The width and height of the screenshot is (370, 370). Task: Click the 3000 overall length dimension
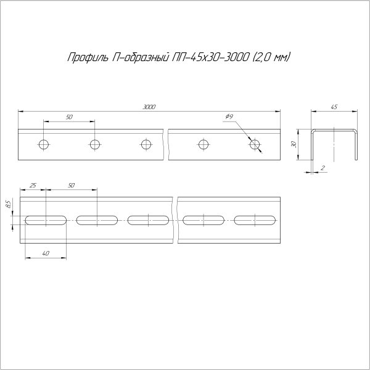click(x=149, y=107)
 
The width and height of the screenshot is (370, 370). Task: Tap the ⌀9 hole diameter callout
click(x=229, y=117)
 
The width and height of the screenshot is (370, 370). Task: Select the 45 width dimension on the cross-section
click(x=334, y=107)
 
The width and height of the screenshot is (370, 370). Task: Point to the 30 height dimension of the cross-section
click(x=295, y=144)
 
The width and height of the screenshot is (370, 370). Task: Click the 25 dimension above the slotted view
click(x=33, y=185)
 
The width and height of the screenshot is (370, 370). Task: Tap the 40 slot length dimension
click(x=46, y=253)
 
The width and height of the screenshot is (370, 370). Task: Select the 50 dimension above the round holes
click(x=68, y=117)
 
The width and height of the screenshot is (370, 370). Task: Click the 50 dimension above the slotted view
click(x=71, y=185)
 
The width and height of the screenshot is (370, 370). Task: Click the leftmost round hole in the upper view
click(x=43, y=145)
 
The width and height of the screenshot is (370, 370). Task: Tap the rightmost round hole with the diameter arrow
click(x=255, y=145)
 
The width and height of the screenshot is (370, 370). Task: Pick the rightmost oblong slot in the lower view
click(x=255, y=220)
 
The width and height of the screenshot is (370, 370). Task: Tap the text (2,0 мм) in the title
click(x=272, y=59)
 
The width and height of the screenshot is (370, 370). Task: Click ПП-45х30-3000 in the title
click(x=210, y=59)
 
